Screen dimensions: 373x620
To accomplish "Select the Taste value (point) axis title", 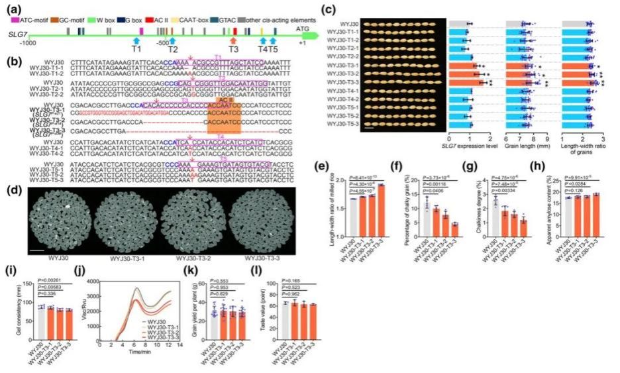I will (x=270, y=312).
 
